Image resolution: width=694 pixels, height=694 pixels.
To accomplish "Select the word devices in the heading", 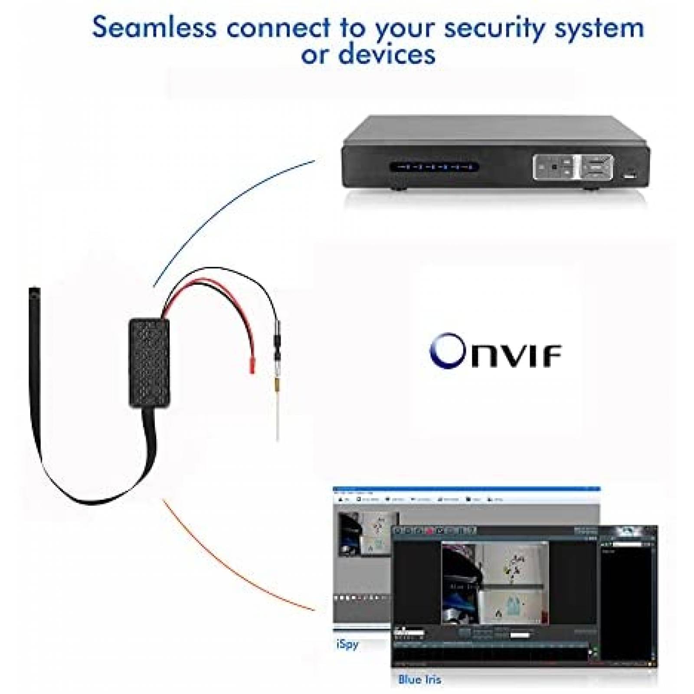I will (x=386, y=55).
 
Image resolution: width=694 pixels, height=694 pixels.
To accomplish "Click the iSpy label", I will (x=347, y=644).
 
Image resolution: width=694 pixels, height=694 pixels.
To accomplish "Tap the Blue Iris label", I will (x=419, y=679).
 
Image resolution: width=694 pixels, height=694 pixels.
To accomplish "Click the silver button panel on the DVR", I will (x=573, y=167).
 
